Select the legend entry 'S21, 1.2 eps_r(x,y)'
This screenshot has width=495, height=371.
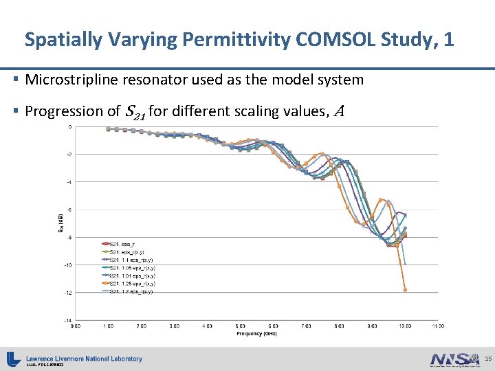(x=131, y=291)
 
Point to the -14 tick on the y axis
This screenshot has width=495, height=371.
(x=68, y=320)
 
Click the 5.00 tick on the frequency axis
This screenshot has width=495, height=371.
(x=240, y=326)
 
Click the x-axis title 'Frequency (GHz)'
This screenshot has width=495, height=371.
(x=255, y=333)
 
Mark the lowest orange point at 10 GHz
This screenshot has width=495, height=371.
(x=405, y=290)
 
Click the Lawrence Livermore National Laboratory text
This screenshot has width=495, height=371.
(x=84, y=358)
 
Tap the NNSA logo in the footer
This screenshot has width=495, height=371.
(x=454, y=359)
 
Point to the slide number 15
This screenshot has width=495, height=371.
(x=487, y=359)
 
